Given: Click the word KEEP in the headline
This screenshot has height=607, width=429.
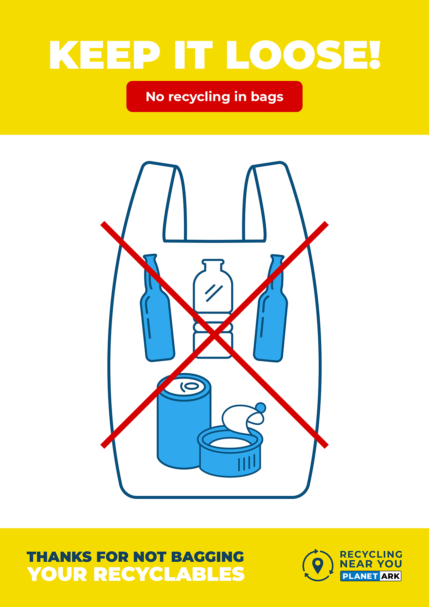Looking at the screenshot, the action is pos(104,55).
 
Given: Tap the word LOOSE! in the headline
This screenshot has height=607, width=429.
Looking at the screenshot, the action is pos(303,55).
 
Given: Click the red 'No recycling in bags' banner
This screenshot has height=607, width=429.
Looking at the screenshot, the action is pos(214,97).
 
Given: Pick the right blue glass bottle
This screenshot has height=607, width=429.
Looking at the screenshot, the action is pos(271,308).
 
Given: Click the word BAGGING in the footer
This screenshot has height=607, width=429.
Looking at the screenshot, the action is pos(208,557).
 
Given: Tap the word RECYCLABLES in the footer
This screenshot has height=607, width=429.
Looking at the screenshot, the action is pos(169,574).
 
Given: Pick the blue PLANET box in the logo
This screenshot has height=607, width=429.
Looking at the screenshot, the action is pos(360,576).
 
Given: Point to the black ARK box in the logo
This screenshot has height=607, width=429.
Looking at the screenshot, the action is pos(391,576).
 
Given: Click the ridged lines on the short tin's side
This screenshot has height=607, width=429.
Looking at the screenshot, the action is pos(247,463).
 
